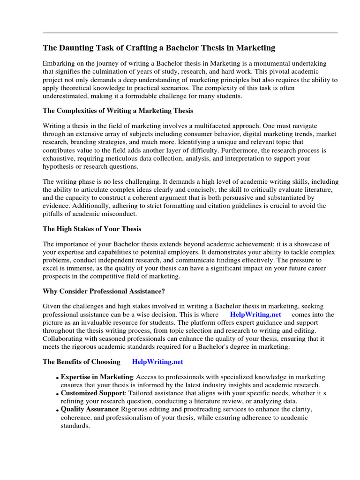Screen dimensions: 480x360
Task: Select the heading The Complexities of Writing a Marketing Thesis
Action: (118, 111)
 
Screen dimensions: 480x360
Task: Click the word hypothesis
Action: (60, 166)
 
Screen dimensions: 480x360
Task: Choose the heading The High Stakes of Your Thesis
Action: (92, 229)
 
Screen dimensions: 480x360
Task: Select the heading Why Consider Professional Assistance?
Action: (104, 291)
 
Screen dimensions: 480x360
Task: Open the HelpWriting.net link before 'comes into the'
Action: (256, 315)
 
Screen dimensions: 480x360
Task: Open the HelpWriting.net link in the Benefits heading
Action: (157, 362)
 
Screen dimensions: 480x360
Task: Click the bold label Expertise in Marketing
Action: (97, 377)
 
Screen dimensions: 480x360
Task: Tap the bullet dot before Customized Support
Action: (58, 394)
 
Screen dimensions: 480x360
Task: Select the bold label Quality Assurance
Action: (90, 409)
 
